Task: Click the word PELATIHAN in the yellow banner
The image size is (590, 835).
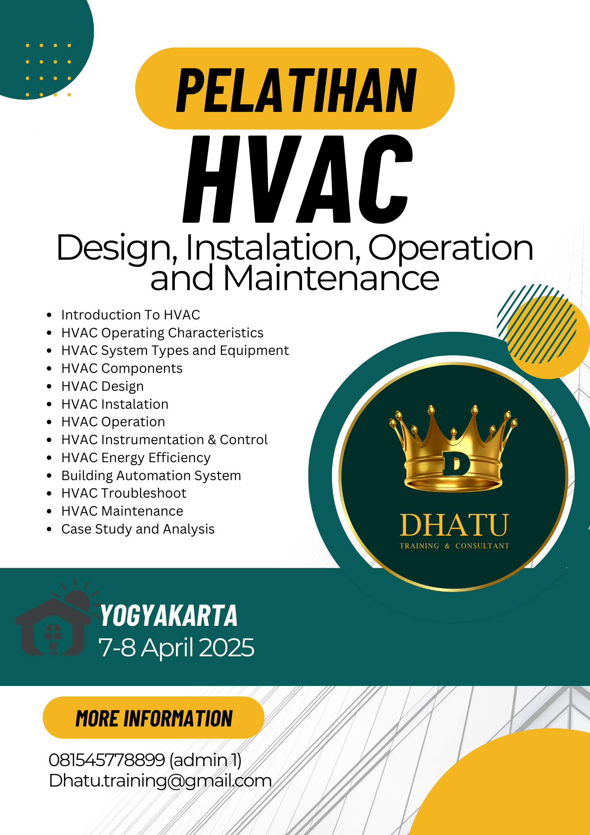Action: pos(296,90)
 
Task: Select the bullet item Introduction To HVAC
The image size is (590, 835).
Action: pos(131,315)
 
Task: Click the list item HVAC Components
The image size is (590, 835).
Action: pos(122,368)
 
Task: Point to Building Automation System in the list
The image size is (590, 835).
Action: pos(151,476)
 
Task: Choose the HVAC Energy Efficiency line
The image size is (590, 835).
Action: pos(136,458)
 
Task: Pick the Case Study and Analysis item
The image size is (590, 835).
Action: pos(138,529)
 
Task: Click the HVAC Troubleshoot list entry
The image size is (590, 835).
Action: pos(124,493)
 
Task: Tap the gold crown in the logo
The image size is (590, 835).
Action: pos(454,448)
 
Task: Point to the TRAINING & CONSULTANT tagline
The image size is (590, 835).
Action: pos(454,546)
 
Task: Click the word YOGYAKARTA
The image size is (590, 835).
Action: pos(169,616)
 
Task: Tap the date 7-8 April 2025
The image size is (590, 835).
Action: pos(176,648)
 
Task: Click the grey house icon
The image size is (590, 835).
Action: pos(53,618)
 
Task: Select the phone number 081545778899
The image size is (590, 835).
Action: pos(107,760)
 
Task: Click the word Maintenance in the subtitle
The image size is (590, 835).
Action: pos(331,278)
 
